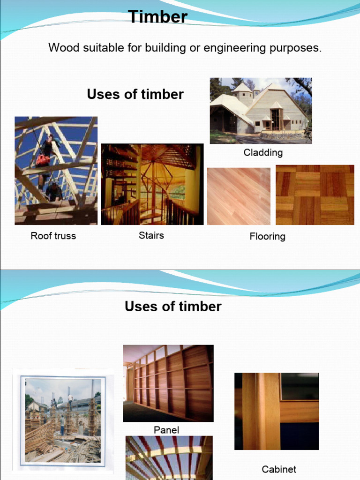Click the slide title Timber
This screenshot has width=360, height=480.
158,17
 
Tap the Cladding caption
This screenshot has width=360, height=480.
263,152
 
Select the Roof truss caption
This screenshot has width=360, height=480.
53,236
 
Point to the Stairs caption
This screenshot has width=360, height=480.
151,235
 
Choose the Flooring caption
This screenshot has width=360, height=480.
267,236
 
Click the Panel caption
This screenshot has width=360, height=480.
166,430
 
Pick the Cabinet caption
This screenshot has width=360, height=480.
279,469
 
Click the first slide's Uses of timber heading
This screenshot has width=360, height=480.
135,94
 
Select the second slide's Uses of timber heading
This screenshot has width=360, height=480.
173,307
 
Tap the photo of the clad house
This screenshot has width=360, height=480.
261,111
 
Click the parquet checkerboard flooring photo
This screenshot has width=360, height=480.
315,195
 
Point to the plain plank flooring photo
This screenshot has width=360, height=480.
239,196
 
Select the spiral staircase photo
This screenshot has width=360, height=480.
152,184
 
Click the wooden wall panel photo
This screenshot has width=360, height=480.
168,383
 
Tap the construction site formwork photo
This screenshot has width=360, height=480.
63,420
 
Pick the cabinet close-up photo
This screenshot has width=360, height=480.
276,411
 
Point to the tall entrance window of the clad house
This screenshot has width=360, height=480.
275,119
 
